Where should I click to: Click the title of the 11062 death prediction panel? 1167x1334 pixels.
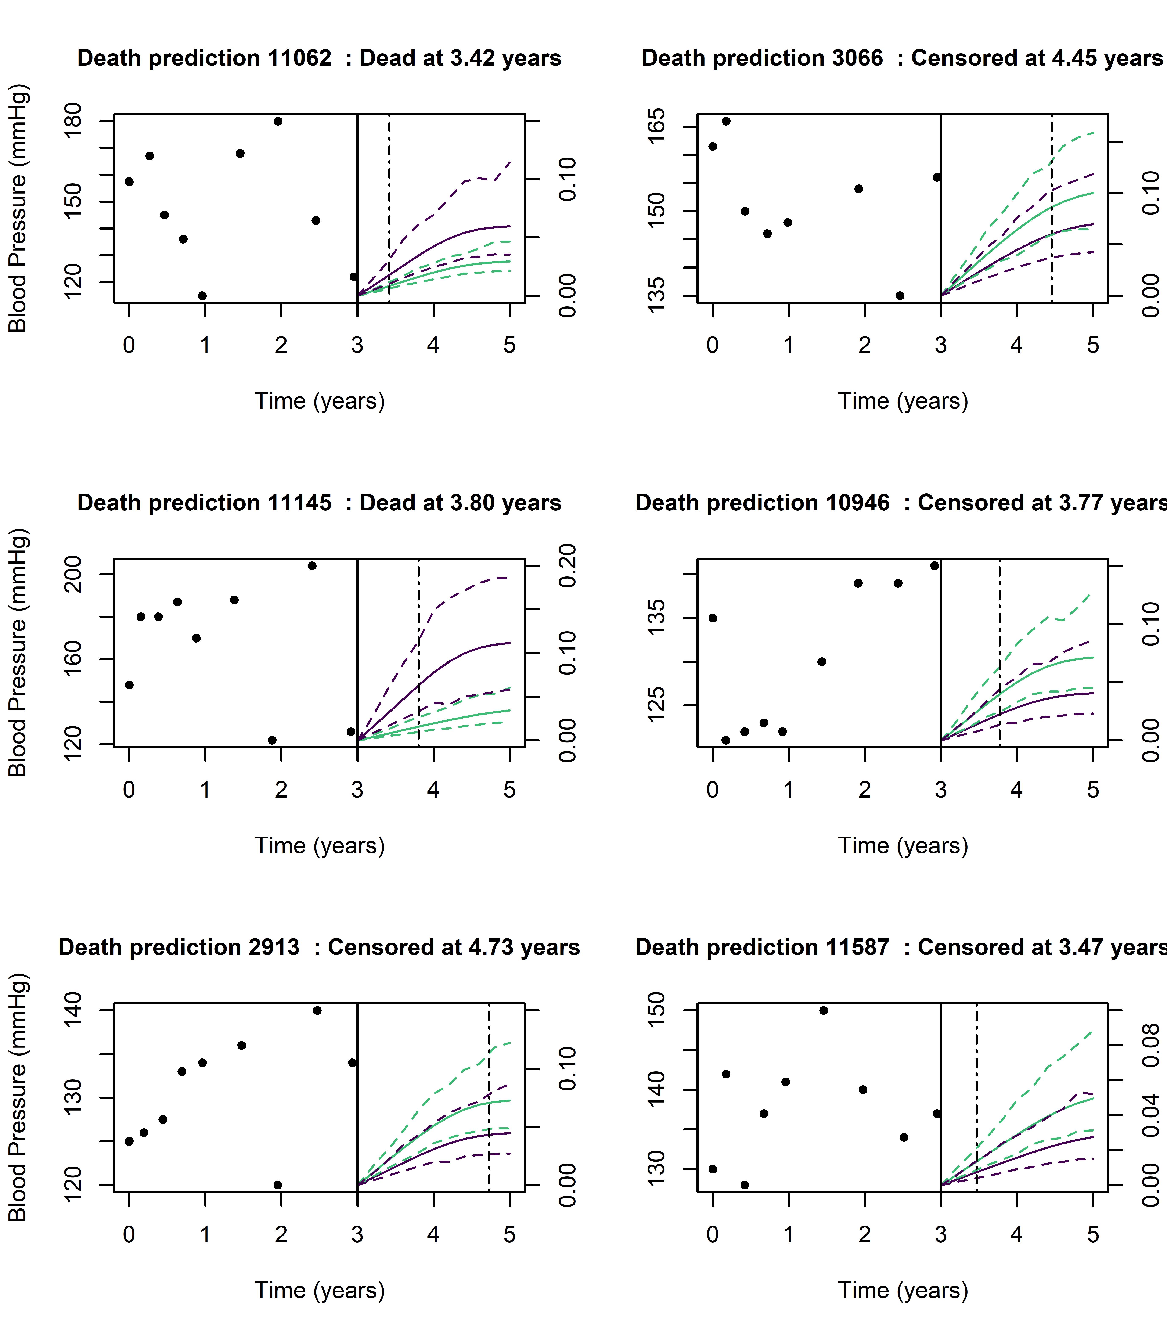319,58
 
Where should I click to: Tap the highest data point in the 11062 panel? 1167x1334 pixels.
278,121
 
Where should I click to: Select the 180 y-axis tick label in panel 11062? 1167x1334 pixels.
73,121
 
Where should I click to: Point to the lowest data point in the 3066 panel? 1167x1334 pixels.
900,296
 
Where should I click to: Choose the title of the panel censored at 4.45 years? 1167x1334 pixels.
902,58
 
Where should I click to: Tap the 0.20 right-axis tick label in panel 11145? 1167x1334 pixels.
568,566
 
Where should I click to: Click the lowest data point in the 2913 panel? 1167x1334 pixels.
278,1185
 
